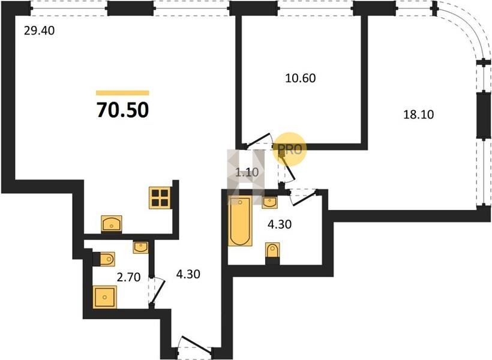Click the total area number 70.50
tap(122, 110)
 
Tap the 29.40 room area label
tap(39, 31)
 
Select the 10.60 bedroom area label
tap(300, 78)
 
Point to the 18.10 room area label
tap(418, 115)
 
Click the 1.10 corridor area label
tap(247, 172)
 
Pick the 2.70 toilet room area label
tap(128, 277)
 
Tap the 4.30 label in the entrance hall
tap(188, 274)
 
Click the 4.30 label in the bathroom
tap(279, 224)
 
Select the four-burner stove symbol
tap(160, 198)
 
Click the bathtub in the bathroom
tap(240, 221)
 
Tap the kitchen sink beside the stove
tap(112, 224)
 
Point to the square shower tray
tap(105, 297)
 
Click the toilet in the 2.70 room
tap(104, 259)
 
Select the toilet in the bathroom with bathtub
tap(272, 251)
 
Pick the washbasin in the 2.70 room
tap(141, 247)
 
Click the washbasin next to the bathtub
tap(269, 202)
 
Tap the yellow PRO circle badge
tap(289, 149)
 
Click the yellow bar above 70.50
tap(122, 92)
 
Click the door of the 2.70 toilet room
tap(156, 292)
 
